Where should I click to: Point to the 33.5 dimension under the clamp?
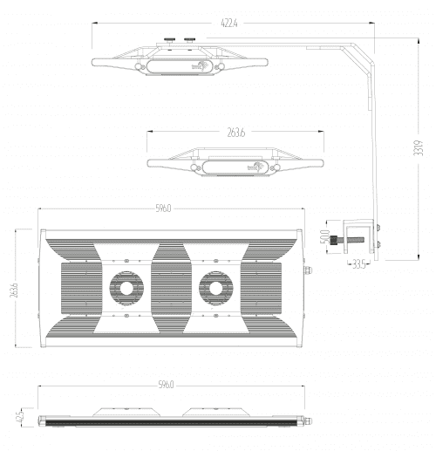point(358,266)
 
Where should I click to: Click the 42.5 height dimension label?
point(18,417)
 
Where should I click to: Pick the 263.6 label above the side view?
point(235,133)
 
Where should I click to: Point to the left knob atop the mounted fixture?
point(167,40)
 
